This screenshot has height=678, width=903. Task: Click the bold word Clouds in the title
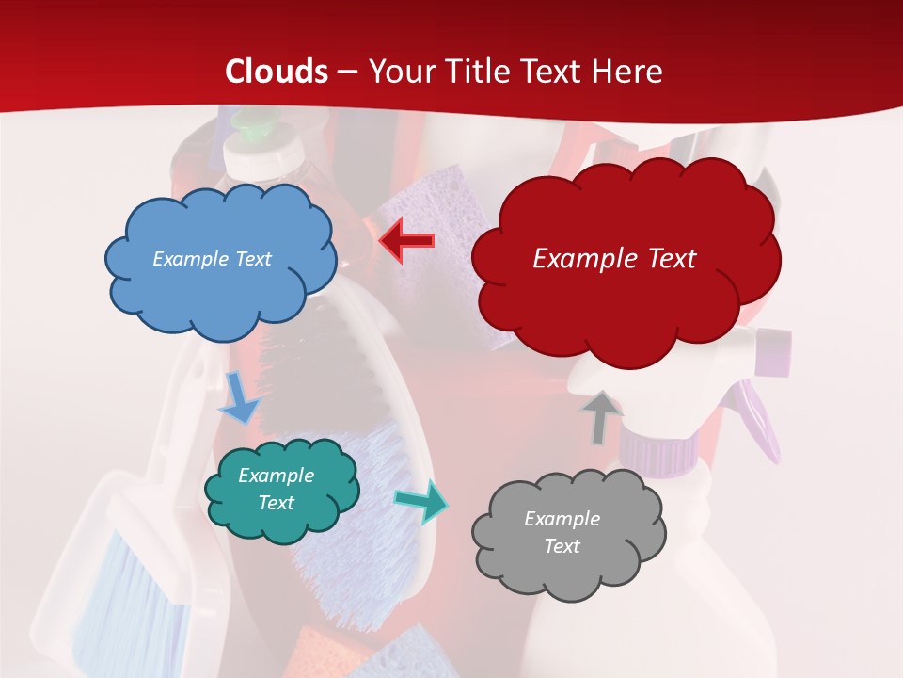pos(277,72)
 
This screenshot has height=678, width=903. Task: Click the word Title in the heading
pos(478,72)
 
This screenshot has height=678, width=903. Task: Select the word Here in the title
pos(630,72)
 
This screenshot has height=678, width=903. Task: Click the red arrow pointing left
pos(406,241)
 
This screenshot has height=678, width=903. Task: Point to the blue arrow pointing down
pos(238,397)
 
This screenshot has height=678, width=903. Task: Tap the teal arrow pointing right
pos(420,500)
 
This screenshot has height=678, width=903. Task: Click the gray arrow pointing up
pos(601,417)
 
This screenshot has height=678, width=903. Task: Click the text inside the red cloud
pos(614,259)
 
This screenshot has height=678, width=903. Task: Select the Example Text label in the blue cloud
pos(212,259)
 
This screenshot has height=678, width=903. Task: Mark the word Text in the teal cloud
pos(276,503)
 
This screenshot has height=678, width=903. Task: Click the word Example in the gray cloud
pos(562,519)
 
